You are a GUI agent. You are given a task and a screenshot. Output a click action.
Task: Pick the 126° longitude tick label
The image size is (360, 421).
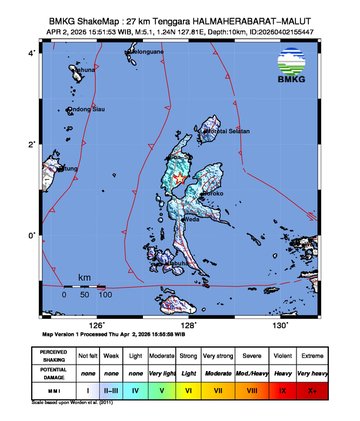click(x=97, y=325)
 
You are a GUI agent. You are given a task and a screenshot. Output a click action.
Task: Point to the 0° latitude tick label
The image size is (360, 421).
click(x=32, y=236)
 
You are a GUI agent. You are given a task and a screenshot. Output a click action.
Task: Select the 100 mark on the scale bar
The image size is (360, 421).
click(x=104, y=296)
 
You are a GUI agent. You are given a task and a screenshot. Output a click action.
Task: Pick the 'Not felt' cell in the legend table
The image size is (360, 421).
click(x=88, y=354)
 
